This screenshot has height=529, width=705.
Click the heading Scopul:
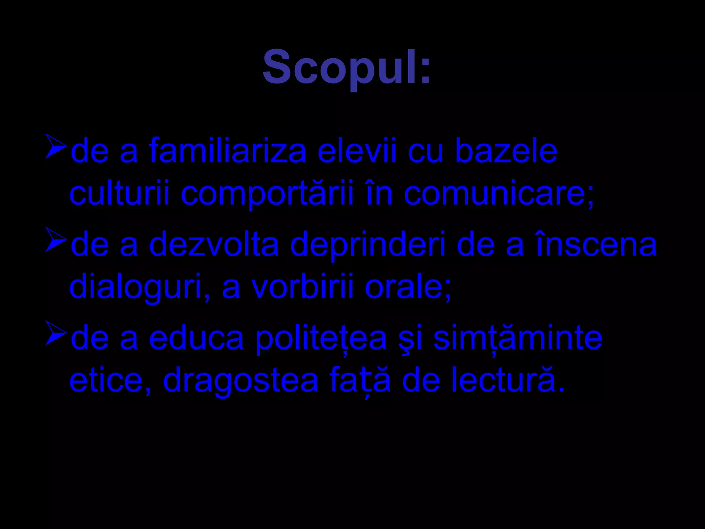346,67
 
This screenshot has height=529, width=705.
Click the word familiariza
228,152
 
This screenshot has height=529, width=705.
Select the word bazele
506,152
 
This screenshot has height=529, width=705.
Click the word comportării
267,195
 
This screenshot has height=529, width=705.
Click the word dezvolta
214,245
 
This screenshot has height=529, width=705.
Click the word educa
196,338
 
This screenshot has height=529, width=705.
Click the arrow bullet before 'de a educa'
56,333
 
